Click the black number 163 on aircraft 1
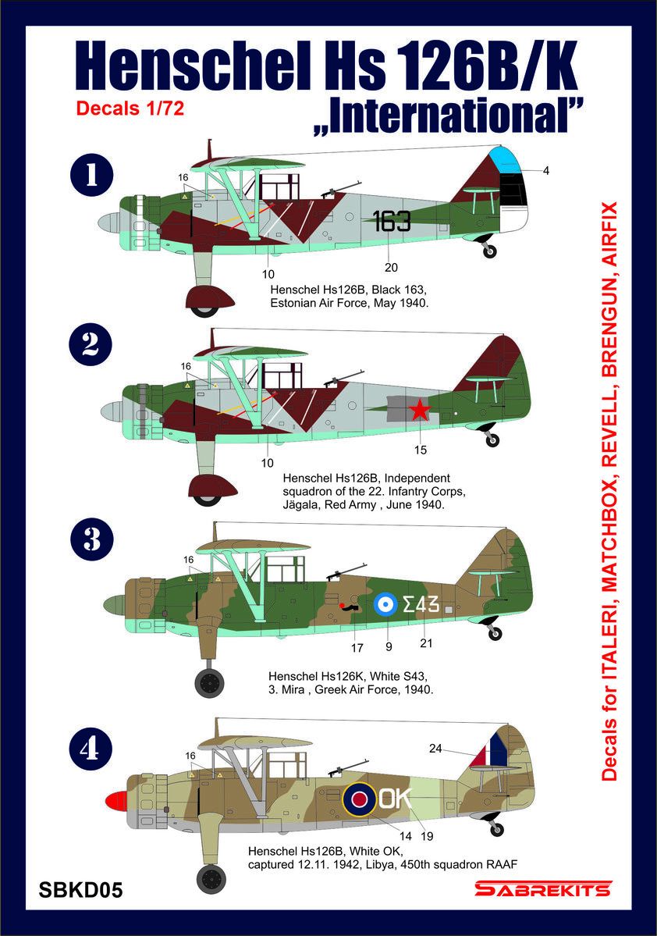click(392, 222)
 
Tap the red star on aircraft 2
click(420, 408)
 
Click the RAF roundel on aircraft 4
click(360, 797)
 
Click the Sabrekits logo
click(543, 889)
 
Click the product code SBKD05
click(80, 890)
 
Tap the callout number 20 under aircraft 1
click(391, 267)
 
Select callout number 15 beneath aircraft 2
click(421, 450)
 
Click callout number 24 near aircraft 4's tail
click(436, 749)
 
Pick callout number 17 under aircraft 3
click(357, 647)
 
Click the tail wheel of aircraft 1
click(489, 251)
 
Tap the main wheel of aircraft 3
click(208, 682)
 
